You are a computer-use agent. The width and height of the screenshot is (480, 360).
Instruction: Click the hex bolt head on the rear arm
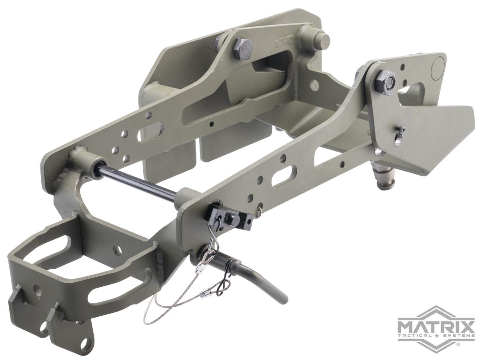pyautogui.click(x=243, y=49)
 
